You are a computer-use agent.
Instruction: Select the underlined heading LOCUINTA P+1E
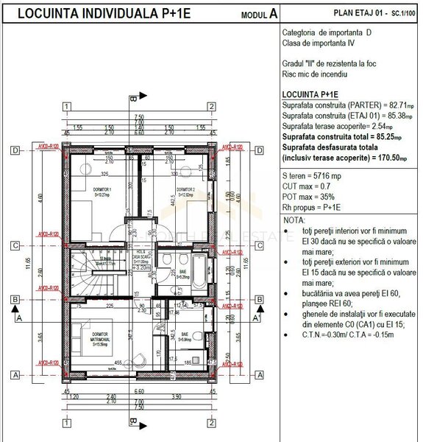[x=310, y=95]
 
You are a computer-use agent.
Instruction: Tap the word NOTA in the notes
[x=294, y=220]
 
